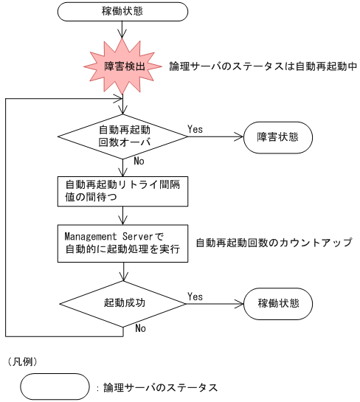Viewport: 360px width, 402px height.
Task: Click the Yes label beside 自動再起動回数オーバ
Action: (x=195, y=129)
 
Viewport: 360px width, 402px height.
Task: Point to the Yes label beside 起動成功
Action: (x=195, y=297)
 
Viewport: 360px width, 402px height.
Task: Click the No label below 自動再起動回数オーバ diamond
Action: (x=139, y=161)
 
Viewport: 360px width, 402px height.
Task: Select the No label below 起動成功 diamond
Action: (x=139, y=328)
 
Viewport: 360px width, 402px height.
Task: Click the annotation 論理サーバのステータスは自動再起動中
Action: (x=263, y=66)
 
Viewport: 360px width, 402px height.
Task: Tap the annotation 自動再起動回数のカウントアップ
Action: (x=273, y=242)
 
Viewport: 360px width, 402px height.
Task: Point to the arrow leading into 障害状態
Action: (x=214, y=137)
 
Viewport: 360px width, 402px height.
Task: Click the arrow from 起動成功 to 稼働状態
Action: (x=214, y=304)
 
